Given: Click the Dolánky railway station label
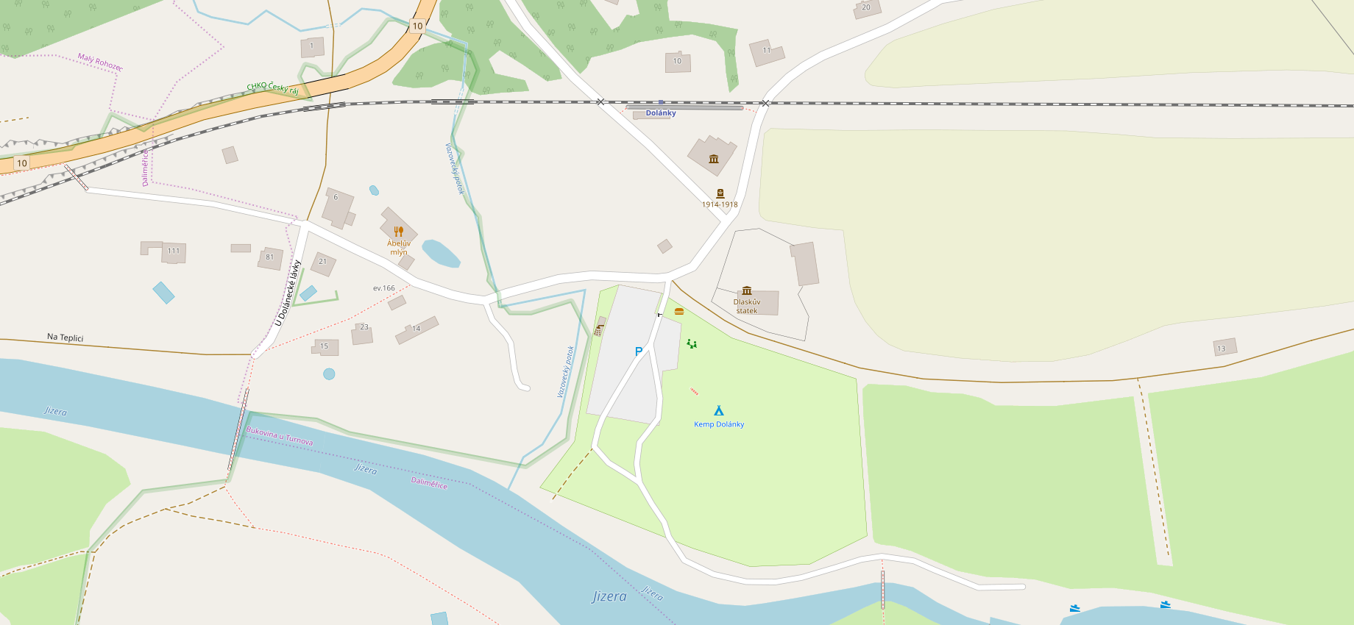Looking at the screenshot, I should (661, 113).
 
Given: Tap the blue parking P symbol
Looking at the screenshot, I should (639, 351).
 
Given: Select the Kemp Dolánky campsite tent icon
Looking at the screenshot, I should (719, 410).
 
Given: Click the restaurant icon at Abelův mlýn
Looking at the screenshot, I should (399, 232).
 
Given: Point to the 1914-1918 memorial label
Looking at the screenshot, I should (720, 205).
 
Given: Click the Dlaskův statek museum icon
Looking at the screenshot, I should (747, 290).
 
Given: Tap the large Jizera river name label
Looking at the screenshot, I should (609, 596).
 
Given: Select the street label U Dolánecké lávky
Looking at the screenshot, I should (288, 293).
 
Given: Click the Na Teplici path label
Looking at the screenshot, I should (65, 337).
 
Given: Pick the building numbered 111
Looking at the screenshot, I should (174, 251).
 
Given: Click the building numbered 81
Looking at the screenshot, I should (270, 257).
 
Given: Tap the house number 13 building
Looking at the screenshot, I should (1222, 348).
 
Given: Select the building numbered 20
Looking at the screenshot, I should (866, 8).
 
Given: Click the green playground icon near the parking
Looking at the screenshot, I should (692, 343).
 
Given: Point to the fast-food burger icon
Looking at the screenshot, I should (679, 312).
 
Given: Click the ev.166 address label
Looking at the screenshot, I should (384, 288).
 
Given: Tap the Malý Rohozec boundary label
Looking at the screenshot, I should (100, 62).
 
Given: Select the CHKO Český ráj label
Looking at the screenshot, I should (272, 87).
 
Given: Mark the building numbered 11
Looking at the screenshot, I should (766, 51).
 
